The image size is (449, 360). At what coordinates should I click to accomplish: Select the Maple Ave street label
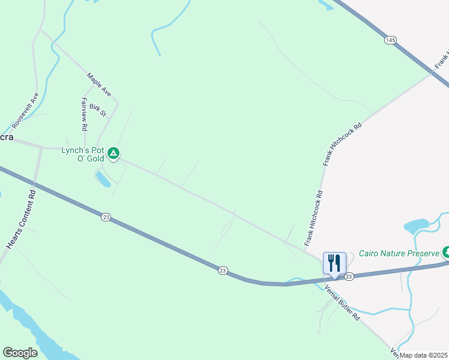(x=98, y=85)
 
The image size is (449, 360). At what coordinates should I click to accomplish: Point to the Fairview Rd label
(x=85, y=114)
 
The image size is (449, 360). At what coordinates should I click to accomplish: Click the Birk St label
(x=97, y=110)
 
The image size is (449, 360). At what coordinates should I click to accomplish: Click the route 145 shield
(x=391, y=40)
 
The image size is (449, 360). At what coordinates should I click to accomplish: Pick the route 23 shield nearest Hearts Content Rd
(x=106, y=217)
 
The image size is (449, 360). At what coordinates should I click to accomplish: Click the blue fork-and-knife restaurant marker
(x=334, y=263)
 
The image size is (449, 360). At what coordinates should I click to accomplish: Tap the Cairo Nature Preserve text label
(x=399, y=253)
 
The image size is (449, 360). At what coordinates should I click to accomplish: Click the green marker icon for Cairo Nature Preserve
(x=446, y=251)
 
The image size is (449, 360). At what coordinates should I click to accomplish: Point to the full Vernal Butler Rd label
(x=342, y=302)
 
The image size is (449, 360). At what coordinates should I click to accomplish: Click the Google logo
(x=20, y=353)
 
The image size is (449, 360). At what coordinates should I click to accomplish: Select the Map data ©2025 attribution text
(x=424, y=355)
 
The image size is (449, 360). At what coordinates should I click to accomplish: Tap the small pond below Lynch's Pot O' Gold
(x=103, y=179)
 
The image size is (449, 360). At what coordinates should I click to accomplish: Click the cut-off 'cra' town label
(x=6, y=137)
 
